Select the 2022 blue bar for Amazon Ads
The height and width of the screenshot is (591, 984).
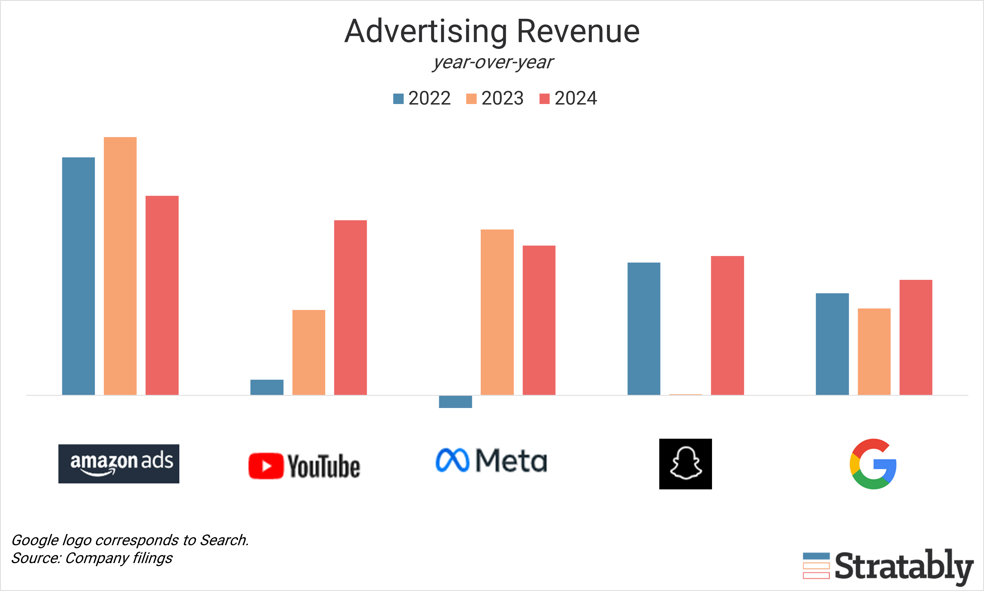point(78,276)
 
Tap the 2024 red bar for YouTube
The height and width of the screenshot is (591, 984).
point(350,308)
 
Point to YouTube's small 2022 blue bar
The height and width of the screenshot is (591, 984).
point(267,387)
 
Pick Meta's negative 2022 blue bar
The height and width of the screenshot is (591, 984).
point(456,401)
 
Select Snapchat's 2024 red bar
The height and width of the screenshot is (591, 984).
point(727,325)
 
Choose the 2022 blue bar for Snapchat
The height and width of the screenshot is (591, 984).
point(644,328)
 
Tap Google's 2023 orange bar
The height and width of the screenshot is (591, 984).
point(874,352)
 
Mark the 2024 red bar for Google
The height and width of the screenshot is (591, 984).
point(916,337)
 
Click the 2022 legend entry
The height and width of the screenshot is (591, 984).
point(422,98)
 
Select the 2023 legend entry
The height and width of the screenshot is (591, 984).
point(495,98)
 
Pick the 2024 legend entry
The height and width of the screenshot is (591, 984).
point(568,98)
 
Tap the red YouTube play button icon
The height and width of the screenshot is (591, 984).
point(266,466)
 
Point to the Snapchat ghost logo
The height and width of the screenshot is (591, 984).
point(685,464)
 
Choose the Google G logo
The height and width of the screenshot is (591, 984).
point(873,464)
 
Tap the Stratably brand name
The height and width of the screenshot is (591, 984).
point(904,566)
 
